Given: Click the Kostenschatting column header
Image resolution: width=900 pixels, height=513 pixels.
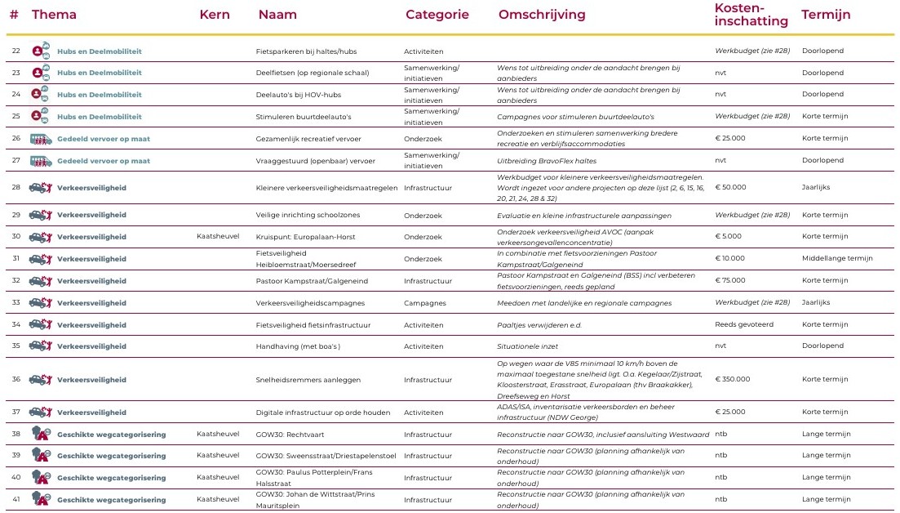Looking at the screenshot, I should point(750,15).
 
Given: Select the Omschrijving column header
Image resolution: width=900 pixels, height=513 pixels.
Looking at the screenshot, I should point(542,15).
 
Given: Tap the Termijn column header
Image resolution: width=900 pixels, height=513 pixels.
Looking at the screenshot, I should point(826,15).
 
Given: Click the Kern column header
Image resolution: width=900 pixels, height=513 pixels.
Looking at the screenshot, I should point(215,15).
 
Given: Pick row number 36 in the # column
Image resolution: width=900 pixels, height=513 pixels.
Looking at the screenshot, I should point(16,379).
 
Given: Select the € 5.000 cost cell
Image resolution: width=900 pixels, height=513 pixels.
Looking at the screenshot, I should point(728,237).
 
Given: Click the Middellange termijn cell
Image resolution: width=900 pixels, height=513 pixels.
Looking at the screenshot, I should point(837,259).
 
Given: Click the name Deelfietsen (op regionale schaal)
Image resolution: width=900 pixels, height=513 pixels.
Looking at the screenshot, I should point(313,73).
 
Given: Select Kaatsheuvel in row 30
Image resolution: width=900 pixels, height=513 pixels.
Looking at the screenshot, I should point(218,237).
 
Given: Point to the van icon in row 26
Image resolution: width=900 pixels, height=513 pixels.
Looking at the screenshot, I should point(41,139).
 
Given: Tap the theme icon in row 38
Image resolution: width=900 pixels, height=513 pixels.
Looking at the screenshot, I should point(41,434).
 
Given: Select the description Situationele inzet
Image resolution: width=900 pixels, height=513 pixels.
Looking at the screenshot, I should point(531,346).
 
